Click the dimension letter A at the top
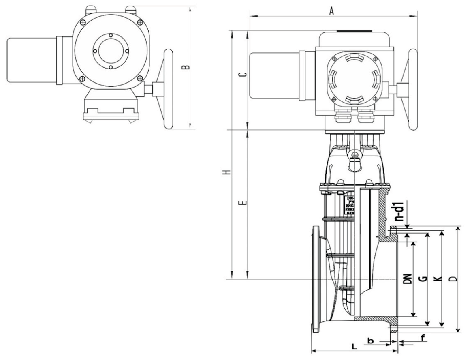coord(331,11)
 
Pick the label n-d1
coord(399,211)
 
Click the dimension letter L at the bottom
coord(354,347)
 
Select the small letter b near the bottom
coord(370,340)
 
